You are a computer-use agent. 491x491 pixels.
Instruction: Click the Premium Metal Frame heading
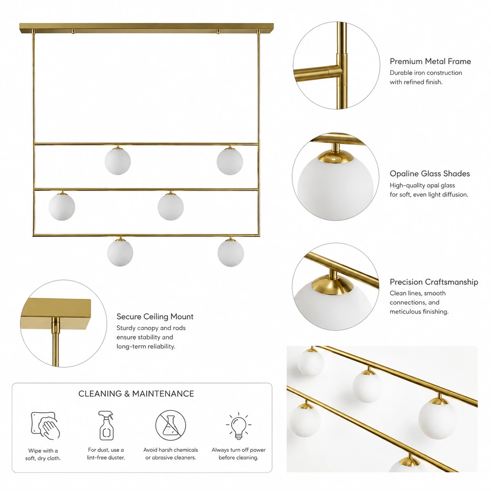point(430,61)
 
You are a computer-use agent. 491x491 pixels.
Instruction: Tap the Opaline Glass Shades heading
point(430,173)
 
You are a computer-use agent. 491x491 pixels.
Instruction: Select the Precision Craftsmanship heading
point(434,282)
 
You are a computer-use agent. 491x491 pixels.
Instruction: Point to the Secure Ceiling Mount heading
point(155,316)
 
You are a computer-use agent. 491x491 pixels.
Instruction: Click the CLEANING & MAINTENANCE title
point(136,394)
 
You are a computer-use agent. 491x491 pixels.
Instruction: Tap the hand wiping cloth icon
point(45,426)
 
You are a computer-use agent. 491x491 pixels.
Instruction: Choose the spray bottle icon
point(106,425)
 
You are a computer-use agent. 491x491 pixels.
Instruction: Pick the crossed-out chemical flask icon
point(170,425)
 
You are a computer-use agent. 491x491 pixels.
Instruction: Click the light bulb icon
point(238,426)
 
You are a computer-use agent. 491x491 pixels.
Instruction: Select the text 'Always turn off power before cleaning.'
point(238,453)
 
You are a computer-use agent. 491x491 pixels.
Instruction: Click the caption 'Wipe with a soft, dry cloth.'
point(43,454)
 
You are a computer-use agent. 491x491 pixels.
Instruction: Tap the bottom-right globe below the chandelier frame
point(231,253)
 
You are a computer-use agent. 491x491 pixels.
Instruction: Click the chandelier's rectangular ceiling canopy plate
point(146,28)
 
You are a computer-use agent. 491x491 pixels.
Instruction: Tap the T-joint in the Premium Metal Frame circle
point(338,70)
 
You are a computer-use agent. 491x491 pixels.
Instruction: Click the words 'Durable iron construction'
point(426,73)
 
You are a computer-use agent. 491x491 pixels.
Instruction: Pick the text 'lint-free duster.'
point(106,457)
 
